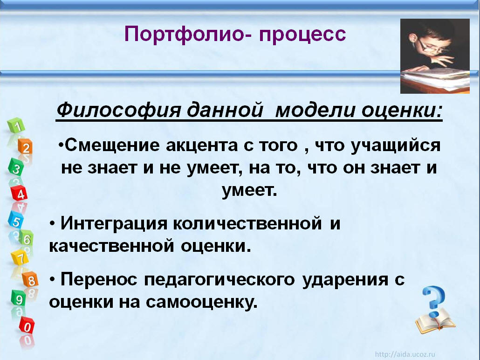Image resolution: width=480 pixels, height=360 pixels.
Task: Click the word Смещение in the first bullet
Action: point(112,145)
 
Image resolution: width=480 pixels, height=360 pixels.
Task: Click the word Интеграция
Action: point(114,224)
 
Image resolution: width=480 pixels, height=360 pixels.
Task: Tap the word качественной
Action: point(112,246)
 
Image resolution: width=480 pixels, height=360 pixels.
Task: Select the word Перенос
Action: point(99,279)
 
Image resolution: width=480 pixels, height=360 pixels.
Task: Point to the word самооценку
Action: point(201,302)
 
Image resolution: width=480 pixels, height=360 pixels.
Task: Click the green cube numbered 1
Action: point(16,125)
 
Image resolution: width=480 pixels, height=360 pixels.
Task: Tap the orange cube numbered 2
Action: point(25,147)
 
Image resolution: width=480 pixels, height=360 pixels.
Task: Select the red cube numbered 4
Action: point(19,193)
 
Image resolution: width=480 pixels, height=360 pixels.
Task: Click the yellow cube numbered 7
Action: point(20,257)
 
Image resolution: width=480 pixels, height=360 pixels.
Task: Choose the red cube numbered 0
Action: point(27,325)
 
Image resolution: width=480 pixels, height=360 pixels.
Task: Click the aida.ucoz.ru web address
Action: point(405,354)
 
